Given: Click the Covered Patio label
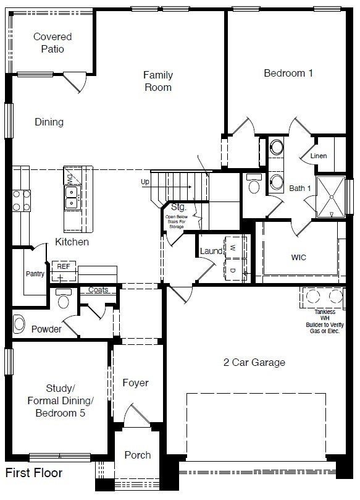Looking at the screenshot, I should (x=52, y=43).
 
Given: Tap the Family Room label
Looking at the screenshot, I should (x=158, y=81).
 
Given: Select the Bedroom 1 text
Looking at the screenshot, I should (x=288, y=73).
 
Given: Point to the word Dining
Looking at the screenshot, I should (x=49, y=122).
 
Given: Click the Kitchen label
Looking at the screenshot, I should (x=72, y=242).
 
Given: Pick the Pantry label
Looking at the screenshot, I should (x=35, y=274).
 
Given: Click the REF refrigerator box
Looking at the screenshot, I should (x=64, y=267).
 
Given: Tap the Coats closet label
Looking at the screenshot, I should (x=98, y=290).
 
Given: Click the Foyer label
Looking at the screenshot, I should (x=135, y=383).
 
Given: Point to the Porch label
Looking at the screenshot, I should (x=137, y=455).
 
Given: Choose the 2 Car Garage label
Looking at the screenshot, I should (x=254, y=362).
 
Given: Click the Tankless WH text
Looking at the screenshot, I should (x=325, y=315).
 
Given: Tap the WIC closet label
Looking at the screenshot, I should (x=299, y=257).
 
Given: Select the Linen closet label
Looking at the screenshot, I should (x=319, y=156).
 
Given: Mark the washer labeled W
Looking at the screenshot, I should (x=233, y=247).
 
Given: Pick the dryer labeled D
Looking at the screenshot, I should (x=233, y=269).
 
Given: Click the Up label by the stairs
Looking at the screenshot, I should (x=145, y=182).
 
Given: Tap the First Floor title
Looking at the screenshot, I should (x=34, y=473).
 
